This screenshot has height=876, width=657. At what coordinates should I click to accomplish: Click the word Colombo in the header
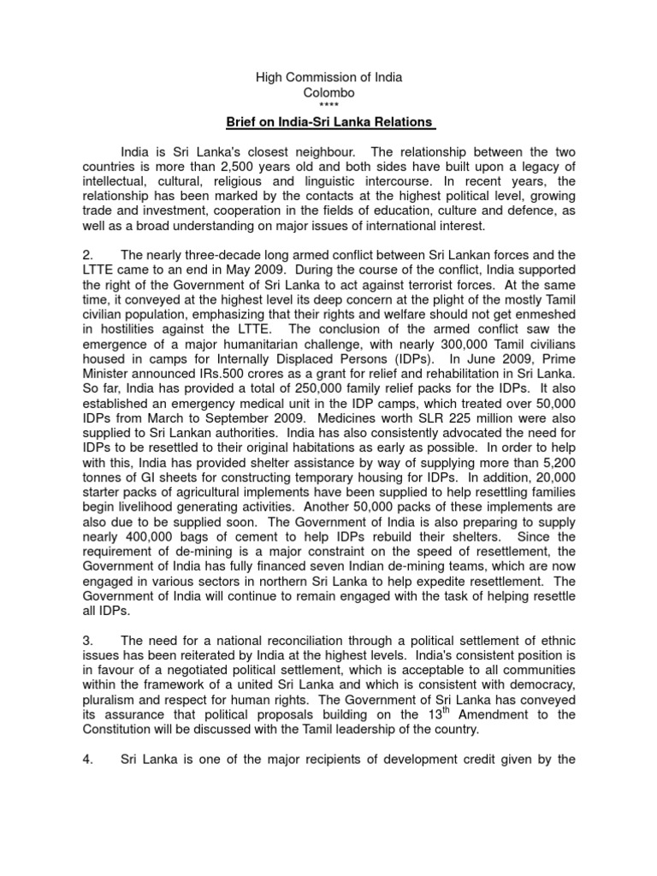tap(328, 92)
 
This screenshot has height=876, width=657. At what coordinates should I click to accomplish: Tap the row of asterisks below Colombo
tap(328, 105)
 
